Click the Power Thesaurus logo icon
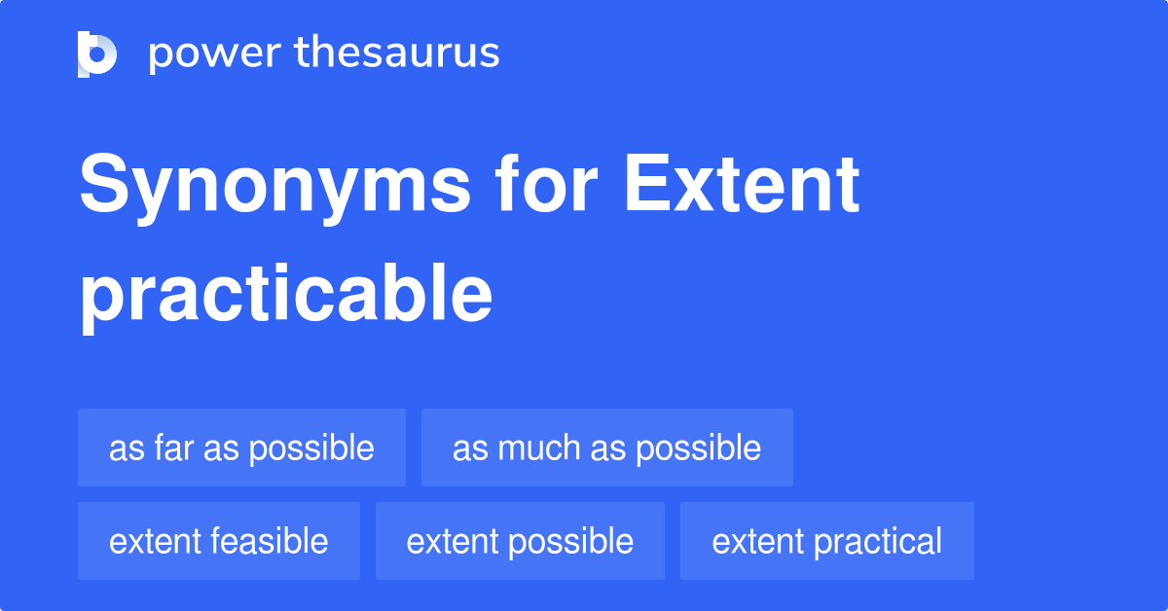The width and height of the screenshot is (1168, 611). point(97,54)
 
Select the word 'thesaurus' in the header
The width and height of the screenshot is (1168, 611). point(397,53)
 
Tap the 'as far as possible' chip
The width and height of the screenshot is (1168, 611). point(241,448)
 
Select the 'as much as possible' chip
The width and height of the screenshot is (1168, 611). point(606,448)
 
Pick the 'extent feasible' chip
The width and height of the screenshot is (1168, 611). point(219,541)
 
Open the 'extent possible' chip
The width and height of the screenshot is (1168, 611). point(520,541)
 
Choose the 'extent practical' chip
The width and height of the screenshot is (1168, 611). point(826,541)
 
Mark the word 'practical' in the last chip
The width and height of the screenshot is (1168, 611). point(879,542)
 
